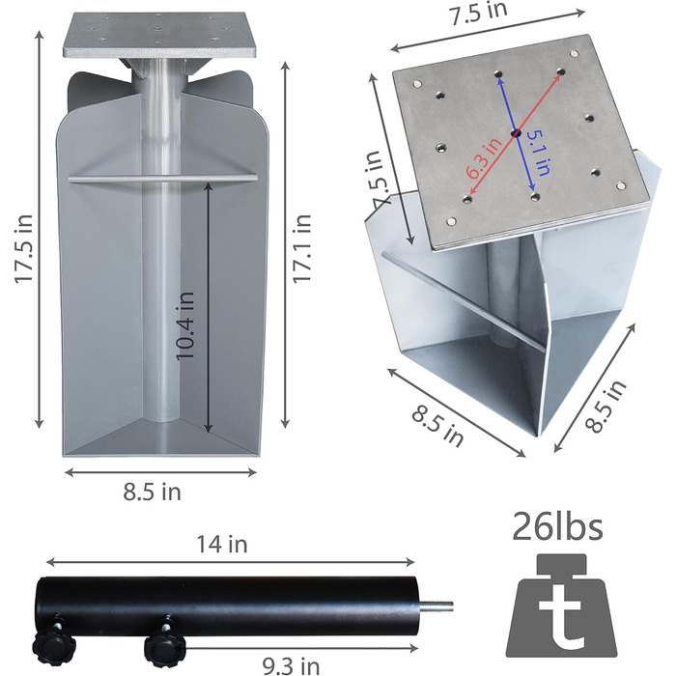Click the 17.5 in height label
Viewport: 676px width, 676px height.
[24, 249]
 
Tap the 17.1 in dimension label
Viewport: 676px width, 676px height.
[302, 249]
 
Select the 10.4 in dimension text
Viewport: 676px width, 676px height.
[185, 326]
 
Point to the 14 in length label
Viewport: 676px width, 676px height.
[222, 544]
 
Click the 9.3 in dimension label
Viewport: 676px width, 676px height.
[292, 665]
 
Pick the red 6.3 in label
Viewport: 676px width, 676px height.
[485, 157]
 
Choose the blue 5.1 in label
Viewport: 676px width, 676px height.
[539, 153]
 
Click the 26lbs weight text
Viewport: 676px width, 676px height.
[557, 526]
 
